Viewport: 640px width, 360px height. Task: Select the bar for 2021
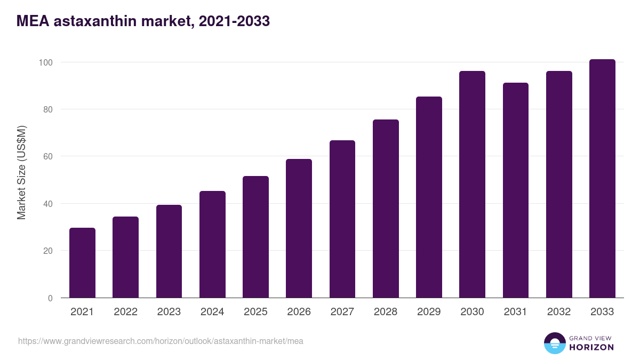pyautogui.click(x=82, y=263)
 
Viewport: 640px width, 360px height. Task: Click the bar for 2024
pyautogui.click(x=212, y=244)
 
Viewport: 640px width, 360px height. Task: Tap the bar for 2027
pyautogui.click(x=342, y=219)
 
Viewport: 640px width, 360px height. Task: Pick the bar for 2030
pyautogui.click(x=472, y=185)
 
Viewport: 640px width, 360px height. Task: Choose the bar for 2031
pyautogui.click(x=516, y=190)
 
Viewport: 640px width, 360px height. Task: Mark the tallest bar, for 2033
pyautogui.click(x=602, y=179)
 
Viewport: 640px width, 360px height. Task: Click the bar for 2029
pyautogui.click(x=429, y=197)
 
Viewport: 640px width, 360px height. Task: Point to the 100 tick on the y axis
pyautogui.click(x=46, y=62)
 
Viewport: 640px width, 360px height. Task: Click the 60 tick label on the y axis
pyautogui.click(x=48, y=156)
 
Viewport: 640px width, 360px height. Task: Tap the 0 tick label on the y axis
pyautogui.click(x=50, y=298)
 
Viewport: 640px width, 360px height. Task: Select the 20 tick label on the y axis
pyautogui.click(x=48, y=251)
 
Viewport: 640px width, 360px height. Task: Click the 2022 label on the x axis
pyautogui.click(x=125, y=312)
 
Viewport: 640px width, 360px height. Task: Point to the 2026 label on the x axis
pyautogui.click(x=299, y=312)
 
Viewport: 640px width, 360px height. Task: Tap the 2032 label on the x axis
pyautogui.click(x=559, y=312)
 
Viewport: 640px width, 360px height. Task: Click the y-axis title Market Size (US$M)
pyautogui.click(x=22, y=173)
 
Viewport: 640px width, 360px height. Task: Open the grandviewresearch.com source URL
pyautogui.click(x=161, y=341)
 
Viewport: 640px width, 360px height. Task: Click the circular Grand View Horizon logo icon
pyautogui.click(x=554, y=343)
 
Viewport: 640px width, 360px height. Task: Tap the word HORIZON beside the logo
pyautogui.click(x=591, y=347)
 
